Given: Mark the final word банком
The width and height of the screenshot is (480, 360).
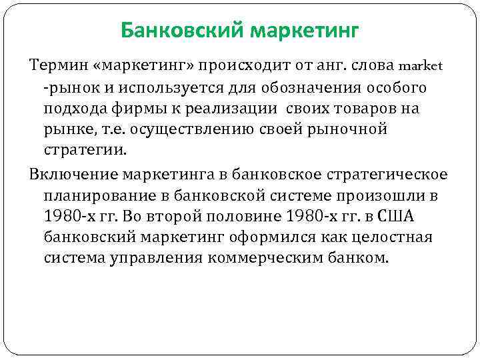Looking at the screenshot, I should point(363,257).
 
